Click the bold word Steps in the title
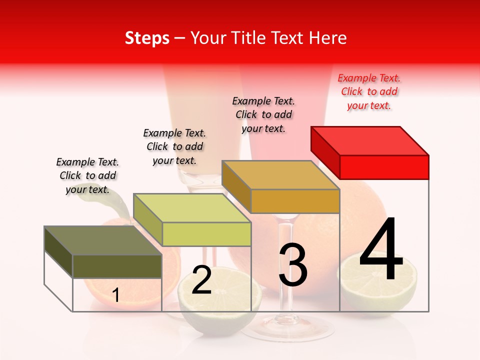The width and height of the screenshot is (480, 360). click(x=147, y=38)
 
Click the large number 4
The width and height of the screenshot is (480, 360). click(x=381, y=250)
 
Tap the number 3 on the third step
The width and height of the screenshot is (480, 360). click(x=292, y=265)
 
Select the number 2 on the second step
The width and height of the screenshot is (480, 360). click(x=201, y=280)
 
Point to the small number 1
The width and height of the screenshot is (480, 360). click(x=116, y=295)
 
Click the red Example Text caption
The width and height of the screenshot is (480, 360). click(x=369, y=91)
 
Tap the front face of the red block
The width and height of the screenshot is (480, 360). click(x=384, y=167)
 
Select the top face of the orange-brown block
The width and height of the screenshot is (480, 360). click(x=280, y=175)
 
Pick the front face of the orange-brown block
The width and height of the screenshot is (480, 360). click(x=295, y=201)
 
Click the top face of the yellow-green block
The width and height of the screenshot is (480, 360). click(x=192, y=208)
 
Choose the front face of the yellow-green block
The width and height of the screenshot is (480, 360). click(x=206, y=234)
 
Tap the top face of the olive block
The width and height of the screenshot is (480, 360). click(x=103, y=240)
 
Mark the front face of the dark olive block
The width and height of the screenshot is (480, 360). click(x=117, y=266)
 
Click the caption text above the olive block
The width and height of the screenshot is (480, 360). click(x=87, y=175)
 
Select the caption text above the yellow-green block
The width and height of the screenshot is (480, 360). click(x=174, y=146)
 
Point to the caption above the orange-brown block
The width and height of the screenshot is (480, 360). click(x=263, y=114)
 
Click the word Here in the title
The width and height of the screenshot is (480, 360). click(x=327, y=38)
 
